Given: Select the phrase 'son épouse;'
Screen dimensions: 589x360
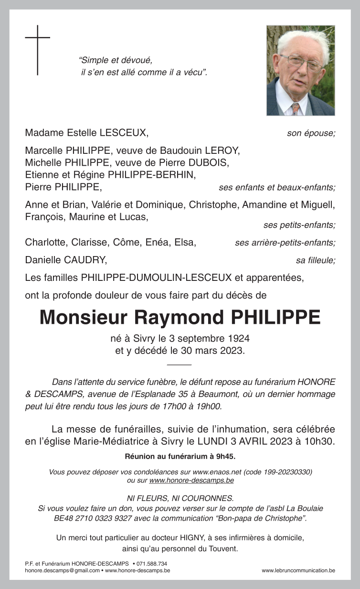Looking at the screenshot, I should (x=311, y=133).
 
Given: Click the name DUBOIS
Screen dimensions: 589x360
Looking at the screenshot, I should (x=212, y=162).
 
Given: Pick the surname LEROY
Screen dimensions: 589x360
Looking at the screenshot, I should (x=223, y=150).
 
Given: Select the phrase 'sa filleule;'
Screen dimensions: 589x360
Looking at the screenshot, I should (x=315, y=260).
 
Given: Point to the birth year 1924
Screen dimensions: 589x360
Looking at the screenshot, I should (x=238, y=339).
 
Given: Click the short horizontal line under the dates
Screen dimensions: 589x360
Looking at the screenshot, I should (x=180, y=364).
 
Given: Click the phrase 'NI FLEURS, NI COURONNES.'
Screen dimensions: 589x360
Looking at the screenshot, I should (x=180, y=497).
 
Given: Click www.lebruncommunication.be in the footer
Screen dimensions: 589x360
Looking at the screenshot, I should (x=298, y=570).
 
